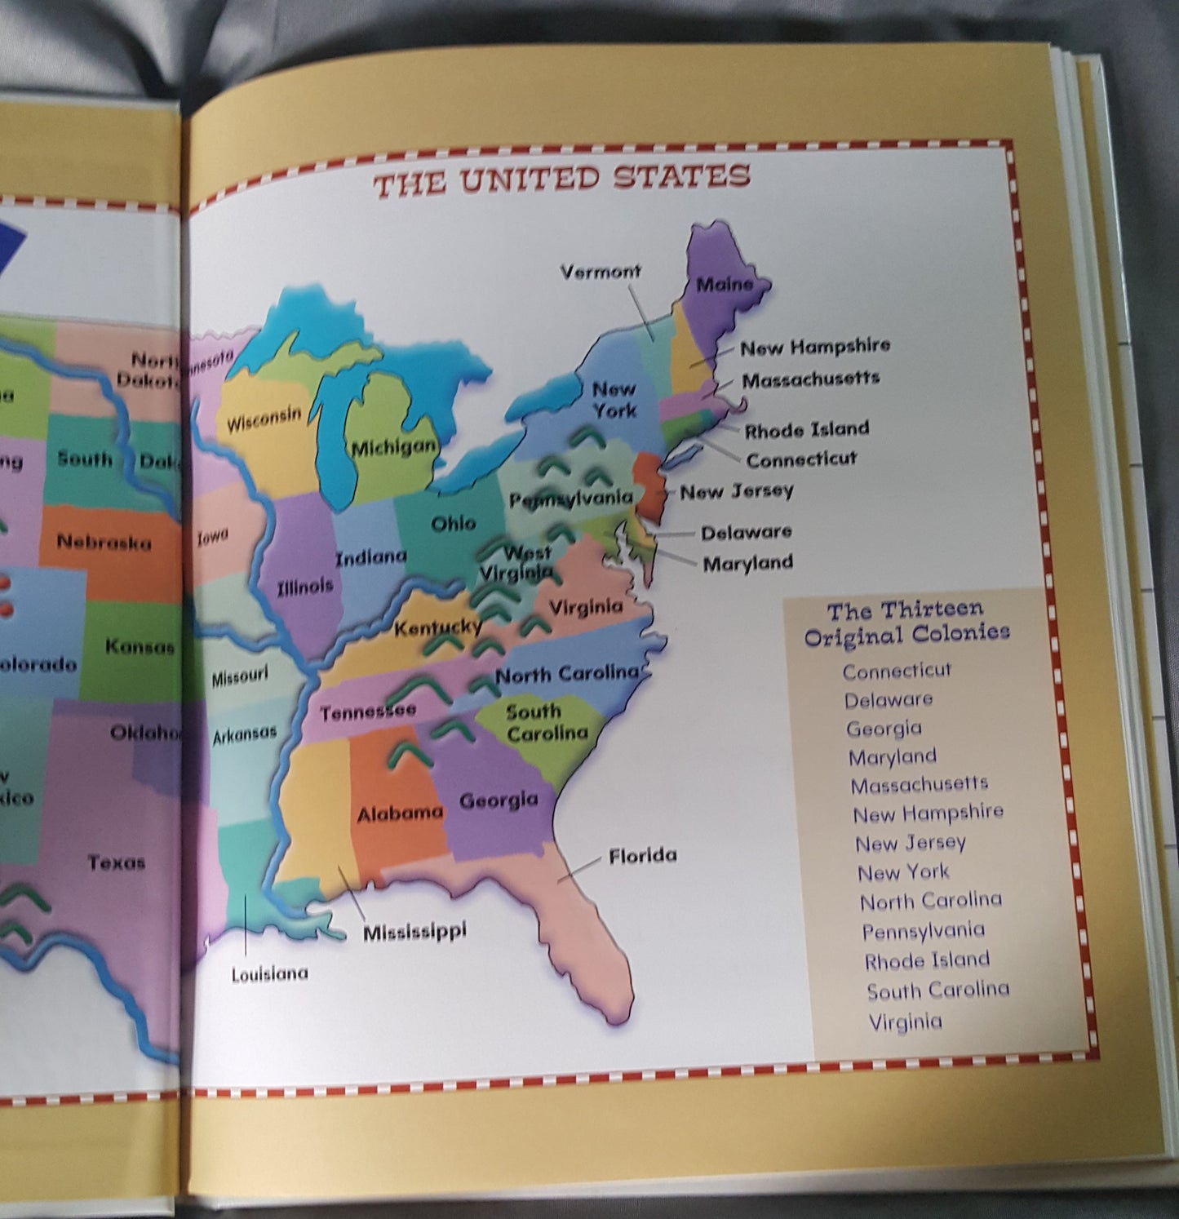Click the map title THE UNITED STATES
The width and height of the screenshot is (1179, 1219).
(x=561, y=180)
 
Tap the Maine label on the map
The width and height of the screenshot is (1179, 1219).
(x=725, y=285)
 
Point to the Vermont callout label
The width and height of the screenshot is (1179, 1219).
(x=601, y=272)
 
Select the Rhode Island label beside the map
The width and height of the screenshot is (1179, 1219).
(x=806, y=429)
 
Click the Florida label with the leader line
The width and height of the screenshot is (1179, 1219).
(x=642, y=855)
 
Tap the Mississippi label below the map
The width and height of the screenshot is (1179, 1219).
(x=414, y=931)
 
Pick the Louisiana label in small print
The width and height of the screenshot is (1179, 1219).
(x=269, y=973)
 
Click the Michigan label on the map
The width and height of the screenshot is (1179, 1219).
(x=393, y=447)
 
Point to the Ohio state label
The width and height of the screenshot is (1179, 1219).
(x=453, y=523)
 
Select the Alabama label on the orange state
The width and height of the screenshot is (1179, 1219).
(x=400, y=813)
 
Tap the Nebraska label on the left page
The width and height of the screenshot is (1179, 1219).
(x=104, y=542)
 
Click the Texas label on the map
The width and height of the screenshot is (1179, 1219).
(x=117, y=862)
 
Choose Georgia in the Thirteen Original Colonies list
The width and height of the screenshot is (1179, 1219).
(x=884, y=728)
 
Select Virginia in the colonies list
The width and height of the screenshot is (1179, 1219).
(x=905, y=1022)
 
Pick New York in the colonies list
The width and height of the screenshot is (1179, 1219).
(x=903, y=872)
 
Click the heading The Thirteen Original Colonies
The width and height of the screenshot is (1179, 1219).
(x=906, y=622)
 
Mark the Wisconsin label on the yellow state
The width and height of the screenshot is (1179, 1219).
(x=264, y=419)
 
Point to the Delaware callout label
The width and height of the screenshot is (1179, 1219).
(x=746, y=532)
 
